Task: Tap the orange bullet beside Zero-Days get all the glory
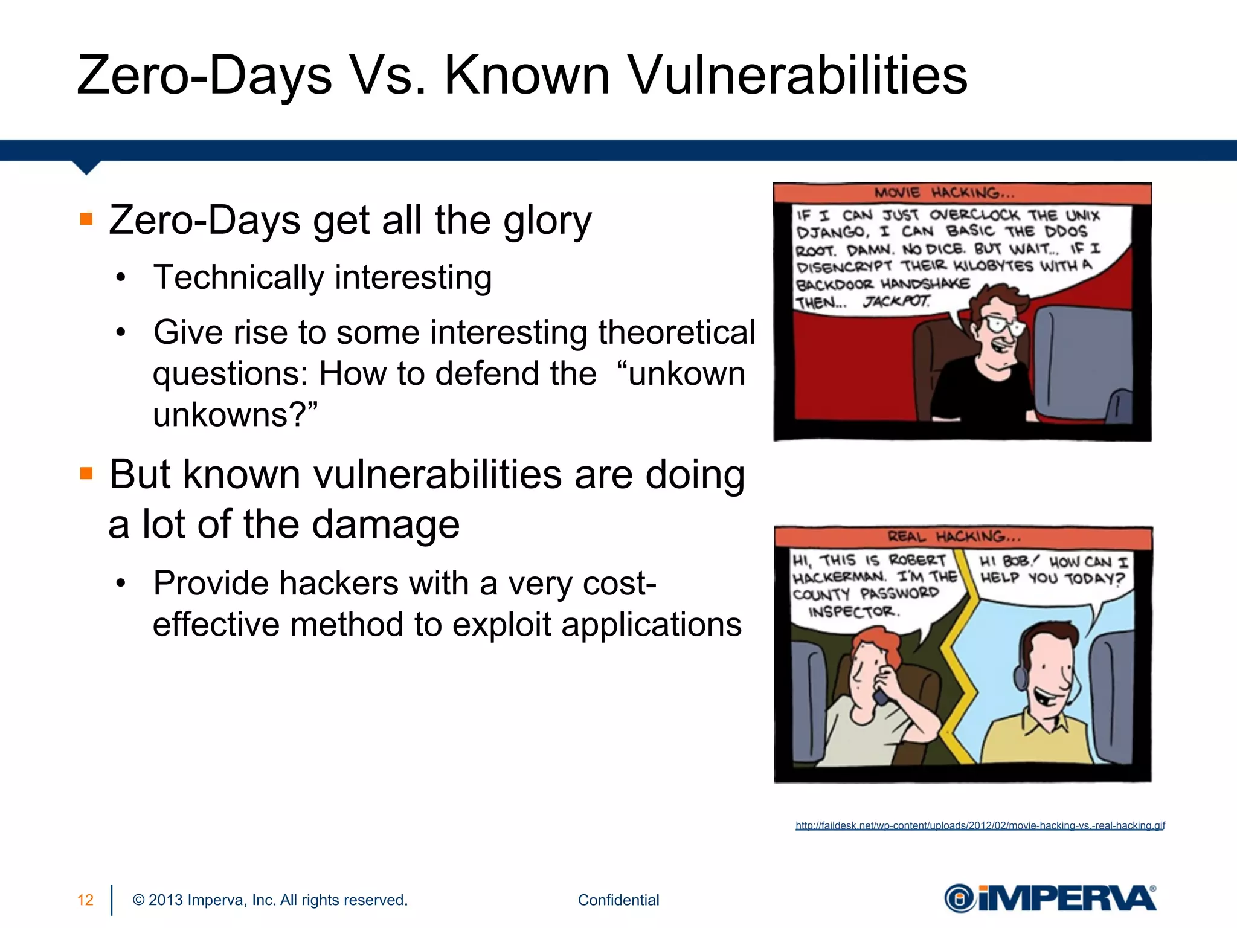coord(86,219)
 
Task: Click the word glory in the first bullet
coord(547,221)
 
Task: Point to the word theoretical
coord(676,332)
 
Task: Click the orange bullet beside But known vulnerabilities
coord(86,473)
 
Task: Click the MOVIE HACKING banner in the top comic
coord(944,193)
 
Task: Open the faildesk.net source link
coord(980,825)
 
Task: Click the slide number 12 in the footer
coord(85,900)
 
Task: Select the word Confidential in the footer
coord(618,900)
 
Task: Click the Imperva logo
coord(1050,898)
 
